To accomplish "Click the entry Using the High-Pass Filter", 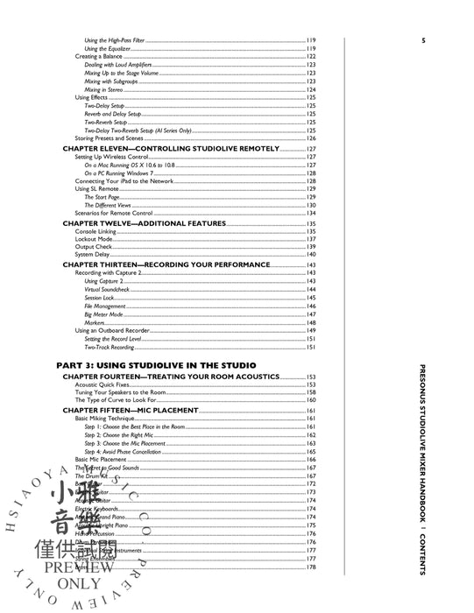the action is [x=121, y=41].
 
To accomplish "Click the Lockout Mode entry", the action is [x=95, y=239].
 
